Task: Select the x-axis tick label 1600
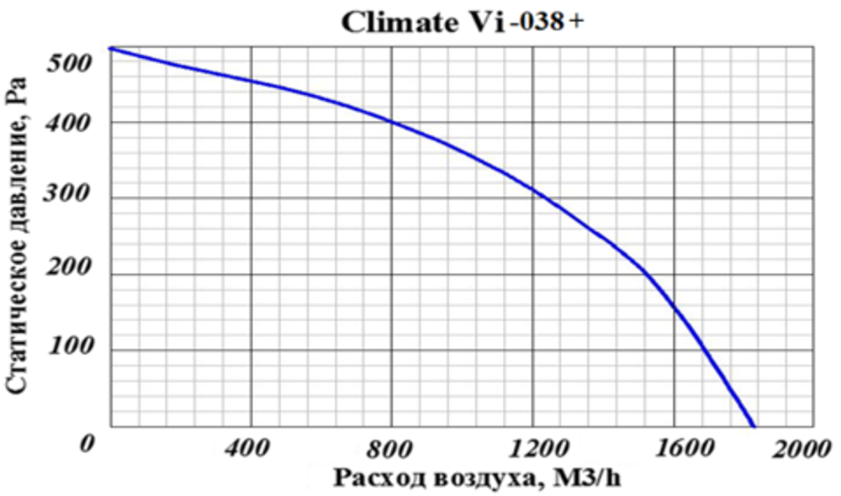click(674, 449)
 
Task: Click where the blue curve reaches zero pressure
click(754, 426)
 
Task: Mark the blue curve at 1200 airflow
click(533, 189)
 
